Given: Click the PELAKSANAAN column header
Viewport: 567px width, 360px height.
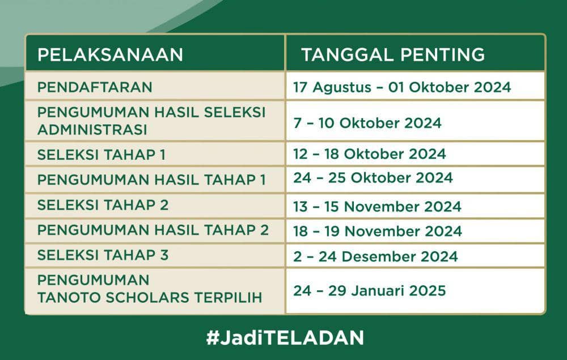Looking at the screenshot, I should (110, 55).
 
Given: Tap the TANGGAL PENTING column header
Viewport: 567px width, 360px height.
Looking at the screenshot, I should (392, 55).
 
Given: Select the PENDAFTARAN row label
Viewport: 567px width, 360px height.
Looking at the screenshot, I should (95, 87).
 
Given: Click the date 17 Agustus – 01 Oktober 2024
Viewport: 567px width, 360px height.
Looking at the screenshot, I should (401, 87).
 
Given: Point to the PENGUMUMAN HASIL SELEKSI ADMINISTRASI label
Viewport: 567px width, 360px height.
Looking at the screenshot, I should (151, 120).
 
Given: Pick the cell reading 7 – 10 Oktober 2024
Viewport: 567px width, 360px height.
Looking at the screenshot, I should (367, 122).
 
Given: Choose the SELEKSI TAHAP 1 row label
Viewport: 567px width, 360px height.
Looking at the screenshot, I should (101, 154).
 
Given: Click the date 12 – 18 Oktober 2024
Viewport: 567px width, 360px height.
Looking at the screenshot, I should (369, 154).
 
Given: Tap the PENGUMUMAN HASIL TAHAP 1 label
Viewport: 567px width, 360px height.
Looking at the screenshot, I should (151, 180).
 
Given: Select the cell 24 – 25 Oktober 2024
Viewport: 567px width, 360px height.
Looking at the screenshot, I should (373, 178).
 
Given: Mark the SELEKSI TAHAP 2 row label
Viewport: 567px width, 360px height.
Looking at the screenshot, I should (103, 205).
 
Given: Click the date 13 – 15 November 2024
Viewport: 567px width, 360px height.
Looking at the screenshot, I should (377, 207).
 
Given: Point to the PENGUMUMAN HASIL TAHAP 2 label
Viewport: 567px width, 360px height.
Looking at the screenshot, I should (153, 230).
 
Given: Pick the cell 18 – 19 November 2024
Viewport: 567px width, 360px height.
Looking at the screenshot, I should (377, 231).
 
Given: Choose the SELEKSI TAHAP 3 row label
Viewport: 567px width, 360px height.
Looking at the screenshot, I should (103, 255).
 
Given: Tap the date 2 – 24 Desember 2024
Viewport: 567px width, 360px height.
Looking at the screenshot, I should (375, 256).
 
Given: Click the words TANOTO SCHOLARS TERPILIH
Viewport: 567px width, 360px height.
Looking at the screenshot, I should (150, 298).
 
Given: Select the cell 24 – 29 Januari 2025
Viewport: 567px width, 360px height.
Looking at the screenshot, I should (369, 291).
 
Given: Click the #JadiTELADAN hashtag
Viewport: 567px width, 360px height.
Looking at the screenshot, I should (285, 338).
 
